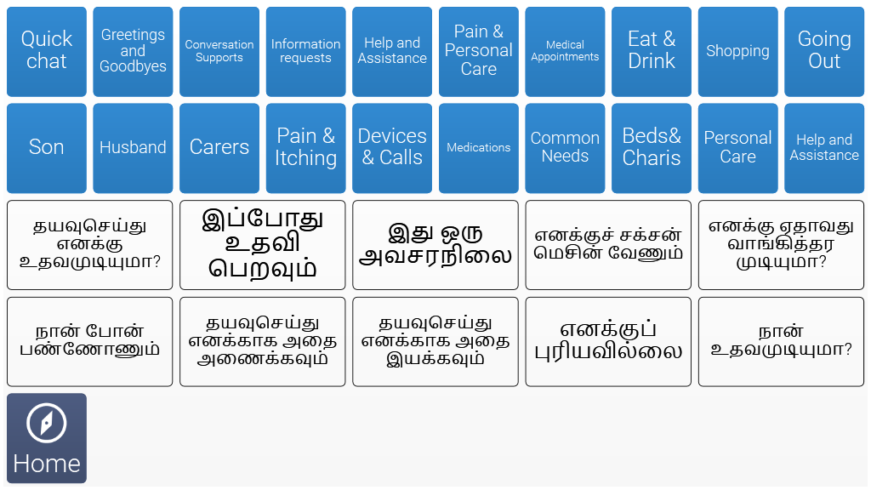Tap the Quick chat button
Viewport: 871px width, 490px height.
click(47, 52)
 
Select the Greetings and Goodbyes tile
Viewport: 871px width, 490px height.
click(133, 52)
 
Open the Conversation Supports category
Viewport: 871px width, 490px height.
click(219, 52)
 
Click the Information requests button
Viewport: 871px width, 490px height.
click(305, 52)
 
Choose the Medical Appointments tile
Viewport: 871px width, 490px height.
click(565, 52)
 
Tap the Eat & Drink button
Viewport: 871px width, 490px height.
click(652, 52)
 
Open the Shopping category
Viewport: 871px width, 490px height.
click(737, 52)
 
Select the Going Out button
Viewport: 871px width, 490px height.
click(824, 52)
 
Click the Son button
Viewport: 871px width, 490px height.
click(47, 148)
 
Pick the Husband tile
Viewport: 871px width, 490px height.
click(133, 148)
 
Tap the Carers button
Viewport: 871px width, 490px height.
click(219, 148)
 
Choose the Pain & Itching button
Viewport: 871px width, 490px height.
click(305, 148)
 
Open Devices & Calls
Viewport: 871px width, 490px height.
click(392, 148)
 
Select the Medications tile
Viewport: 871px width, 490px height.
click(479, 148)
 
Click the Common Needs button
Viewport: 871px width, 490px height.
click(565, 148)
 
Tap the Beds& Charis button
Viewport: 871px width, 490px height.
click(652, 148)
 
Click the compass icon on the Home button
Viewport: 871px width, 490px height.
click(47, 423)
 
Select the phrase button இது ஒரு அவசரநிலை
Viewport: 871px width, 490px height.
click(435, 245)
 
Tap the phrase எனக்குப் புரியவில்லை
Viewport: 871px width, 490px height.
click(608, 342)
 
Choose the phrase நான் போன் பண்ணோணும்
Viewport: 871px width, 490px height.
click(90, 342)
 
